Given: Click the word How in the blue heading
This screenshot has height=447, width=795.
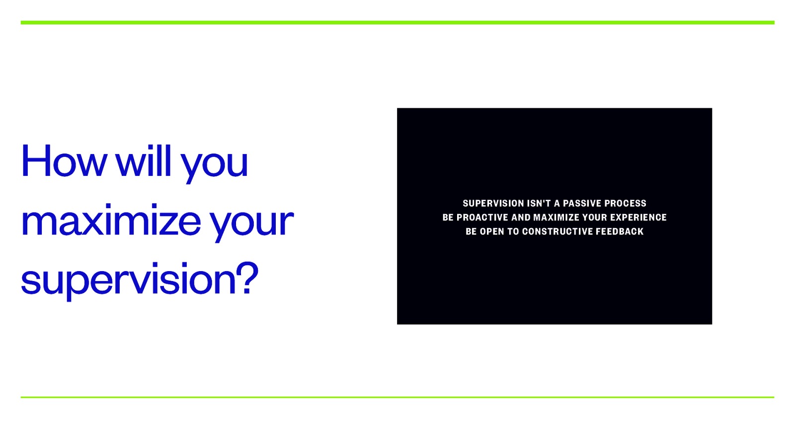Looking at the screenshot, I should point(64,161).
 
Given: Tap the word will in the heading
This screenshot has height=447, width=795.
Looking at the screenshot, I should point(144,161).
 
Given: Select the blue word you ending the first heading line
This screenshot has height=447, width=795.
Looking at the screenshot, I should point(214,164).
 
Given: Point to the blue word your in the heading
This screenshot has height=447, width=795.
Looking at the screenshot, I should point(251,223).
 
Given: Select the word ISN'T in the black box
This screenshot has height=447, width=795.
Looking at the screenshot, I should point(539,203).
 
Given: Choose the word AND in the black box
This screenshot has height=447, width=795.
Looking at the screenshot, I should point(521,218).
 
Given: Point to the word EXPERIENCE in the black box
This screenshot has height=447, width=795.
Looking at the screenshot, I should point(638,218).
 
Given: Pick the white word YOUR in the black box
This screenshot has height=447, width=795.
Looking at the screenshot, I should point(595,218).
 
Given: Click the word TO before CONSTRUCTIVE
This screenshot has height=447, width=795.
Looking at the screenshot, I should point(513,231).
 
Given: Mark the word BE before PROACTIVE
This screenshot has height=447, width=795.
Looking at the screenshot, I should point(448,218).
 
